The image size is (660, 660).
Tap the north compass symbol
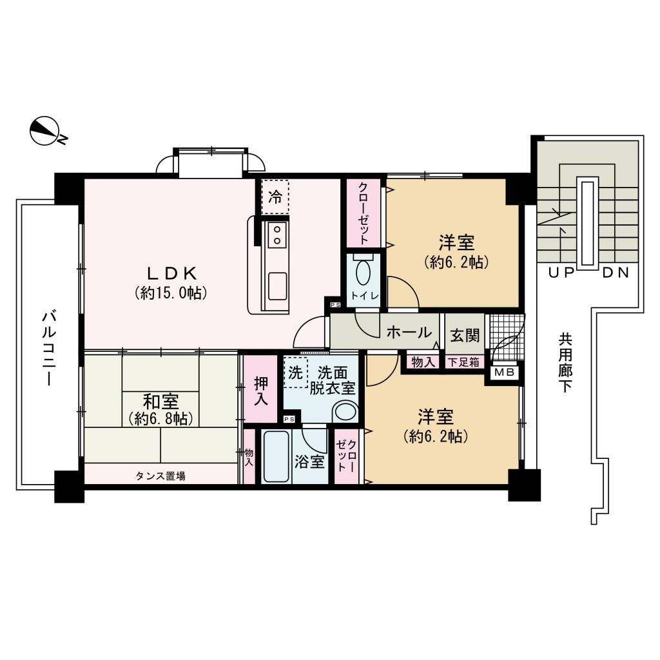pos(45,131)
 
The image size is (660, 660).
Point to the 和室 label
pos(160,402)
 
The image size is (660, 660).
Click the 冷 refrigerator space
pos(275,197)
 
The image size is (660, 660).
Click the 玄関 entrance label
pos(464,335)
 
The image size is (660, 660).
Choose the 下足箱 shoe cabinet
pos(464,362)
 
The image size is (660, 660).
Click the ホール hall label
pos(409,333)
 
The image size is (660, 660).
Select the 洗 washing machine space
pos(295,373)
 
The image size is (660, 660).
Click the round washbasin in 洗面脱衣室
pos(345,411)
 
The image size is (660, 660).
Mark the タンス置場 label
pos(160,476)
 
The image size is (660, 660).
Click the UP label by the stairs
pos(561,273)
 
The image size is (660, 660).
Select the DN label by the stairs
pos(616,273)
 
